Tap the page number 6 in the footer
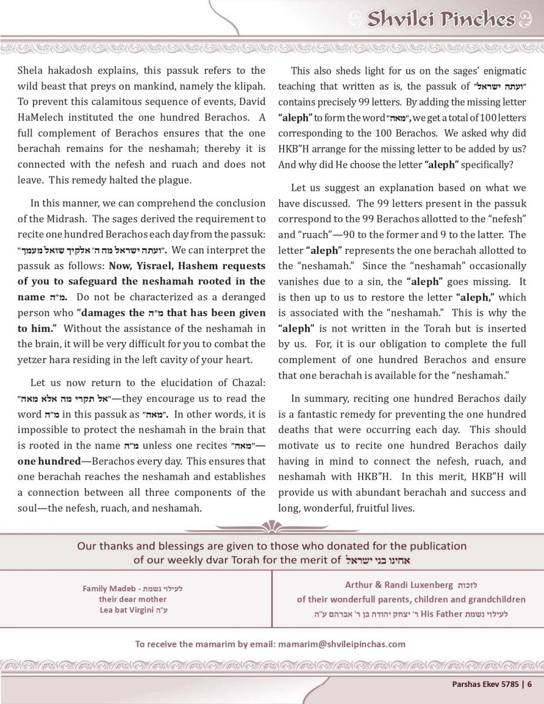click(x=529, y=683)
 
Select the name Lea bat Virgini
click(x=125, y=610)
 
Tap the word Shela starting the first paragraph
click(x=31, y=71)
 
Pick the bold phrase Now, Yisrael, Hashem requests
click(x=183, y=266)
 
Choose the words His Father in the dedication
click(x=434, y=614)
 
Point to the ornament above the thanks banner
click(x=272, y=527)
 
